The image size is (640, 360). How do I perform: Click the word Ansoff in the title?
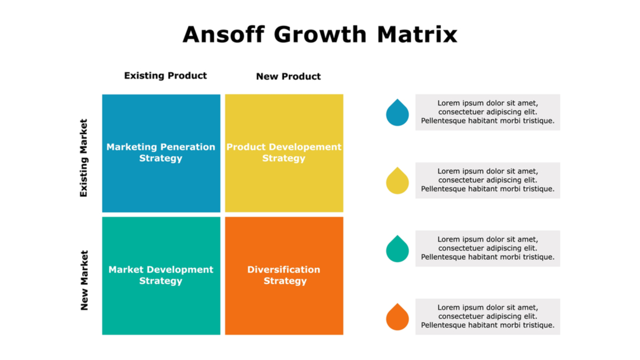[223, 34]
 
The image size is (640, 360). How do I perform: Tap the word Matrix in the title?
[417, 35]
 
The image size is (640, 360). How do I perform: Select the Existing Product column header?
[165, 76]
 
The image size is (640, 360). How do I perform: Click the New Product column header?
[289, 77]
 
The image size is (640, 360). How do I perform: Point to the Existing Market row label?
[83, 158]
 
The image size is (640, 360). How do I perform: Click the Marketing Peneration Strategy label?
[161, 153]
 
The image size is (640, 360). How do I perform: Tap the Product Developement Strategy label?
[284, 153]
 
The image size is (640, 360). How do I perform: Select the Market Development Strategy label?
[161, 275]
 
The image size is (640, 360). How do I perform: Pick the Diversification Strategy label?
[284, 275]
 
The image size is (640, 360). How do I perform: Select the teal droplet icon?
[397, 250]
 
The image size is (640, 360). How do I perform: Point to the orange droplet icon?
[397, 318]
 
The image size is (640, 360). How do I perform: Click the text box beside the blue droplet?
[487, 113]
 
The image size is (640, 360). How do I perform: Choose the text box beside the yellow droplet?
[487, 181]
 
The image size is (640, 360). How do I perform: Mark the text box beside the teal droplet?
[487, 249]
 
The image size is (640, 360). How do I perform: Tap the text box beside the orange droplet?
[487, 317]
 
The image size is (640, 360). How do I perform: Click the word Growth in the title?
[321, 35]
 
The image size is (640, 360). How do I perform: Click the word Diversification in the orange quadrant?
[284, 269]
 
